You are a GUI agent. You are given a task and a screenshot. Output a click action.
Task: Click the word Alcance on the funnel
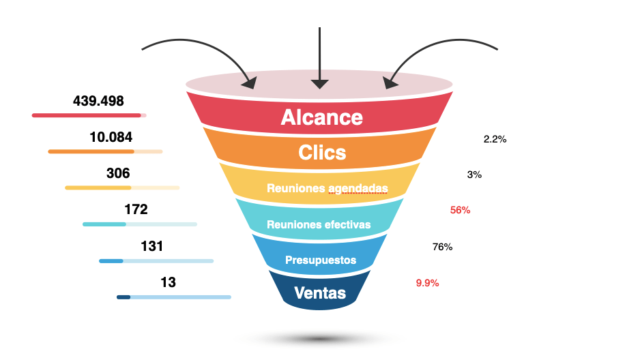click(x=321, y=117)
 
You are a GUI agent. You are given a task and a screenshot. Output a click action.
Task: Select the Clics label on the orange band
click(x=322, y=153)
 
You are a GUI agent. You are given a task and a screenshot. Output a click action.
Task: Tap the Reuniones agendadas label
click(x=327, y=188)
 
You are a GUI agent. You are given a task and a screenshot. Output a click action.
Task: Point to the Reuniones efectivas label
click(x=319, y=224)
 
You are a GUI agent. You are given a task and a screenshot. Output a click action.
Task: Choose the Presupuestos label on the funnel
click(x=321, y=260)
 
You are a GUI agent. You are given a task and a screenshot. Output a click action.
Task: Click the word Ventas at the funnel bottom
click(x=320, y=293)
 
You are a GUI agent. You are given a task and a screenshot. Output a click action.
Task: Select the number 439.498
click(x=98, y=102)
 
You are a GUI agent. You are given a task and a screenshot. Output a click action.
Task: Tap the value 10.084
click(x=111, y=137)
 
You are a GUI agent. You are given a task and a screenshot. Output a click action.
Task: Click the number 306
click(x=118, y=173)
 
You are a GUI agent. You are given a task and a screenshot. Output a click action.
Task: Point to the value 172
click(x=136, y=209)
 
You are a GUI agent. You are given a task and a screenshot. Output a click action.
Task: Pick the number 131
click(x=152, y=246)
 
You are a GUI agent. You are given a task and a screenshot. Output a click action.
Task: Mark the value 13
click(x=168, y=282)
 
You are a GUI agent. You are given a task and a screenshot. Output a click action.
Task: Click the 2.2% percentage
click(x=495, y=139)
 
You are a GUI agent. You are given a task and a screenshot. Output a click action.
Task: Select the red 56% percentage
click(x=460, y=210)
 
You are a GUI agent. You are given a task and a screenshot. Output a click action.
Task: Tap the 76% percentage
click(x=442, y=247)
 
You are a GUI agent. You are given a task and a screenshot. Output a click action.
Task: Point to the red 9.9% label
click(x=427, y=283)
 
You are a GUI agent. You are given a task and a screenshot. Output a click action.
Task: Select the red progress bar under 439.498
click(x=87, y=115)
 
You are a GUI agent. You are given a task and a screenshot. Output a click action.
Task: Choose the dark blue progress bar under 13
click(x=124, y=297)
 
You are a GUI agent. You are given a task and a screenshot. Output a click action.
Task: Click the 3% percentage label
click(x=474, y=175)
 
